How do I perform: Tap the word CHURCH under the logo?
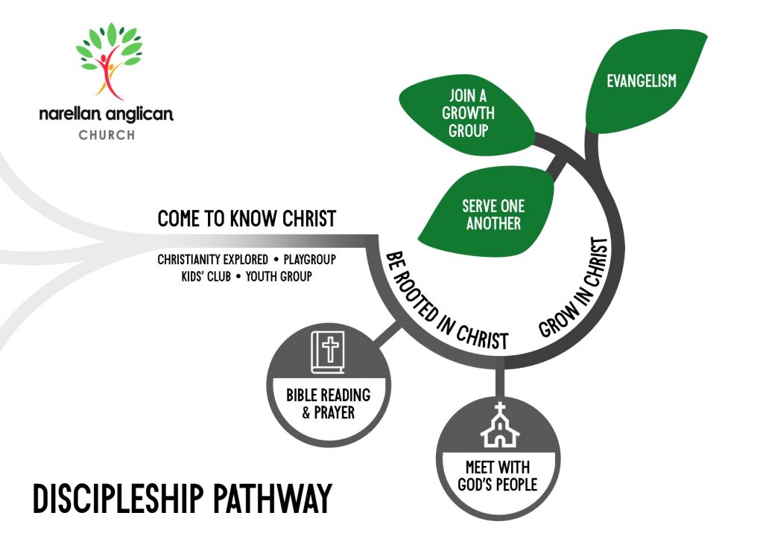[107, 135]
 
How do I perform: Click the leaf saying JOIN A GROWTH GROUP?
[468, 115]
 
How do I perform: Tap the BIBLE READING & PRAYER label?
[328, 403]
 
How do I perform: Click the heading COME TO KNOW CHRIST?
[247, 219]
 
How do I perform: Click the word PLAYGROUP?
[309, 261]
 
